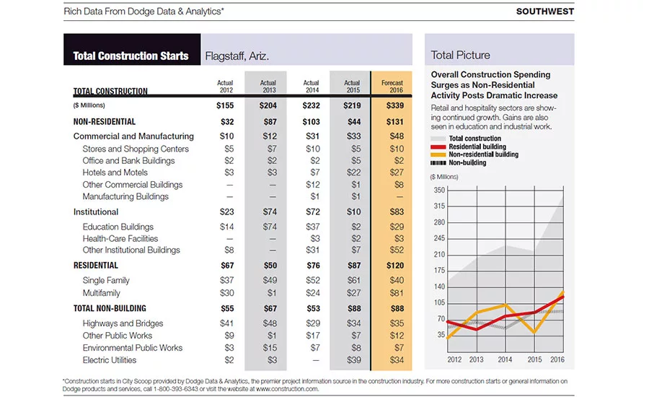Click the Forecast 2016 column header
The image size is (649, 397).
(392, 86)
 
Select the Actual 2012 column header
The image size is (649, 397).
(225, 86)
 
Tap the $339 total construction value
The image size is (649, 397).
(395, 105)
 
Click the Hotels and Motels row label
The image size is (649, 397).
(115, 173)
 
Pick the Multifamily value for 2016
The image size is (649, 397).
(397, 293)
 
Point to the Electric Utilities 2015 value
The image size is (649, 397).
(354, 360)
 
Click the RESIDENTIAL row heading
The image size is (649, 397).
(96, 265)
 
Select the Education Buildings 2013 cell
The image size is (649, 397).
(270, 227)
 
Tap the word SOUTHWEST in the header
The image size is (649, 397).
(545, 12)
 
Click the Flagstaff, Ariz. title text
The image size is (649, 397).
(237, 56)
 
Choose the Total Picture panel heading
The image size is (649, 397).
(460, 55)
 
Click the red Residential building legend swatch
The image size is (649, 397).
(438, 147)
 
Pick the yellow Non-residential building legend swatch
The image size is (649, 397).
(438, 154)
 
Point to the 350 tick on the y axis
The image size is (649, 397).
(439, 191)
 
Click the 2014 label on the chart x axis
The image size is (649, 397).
(505, 359)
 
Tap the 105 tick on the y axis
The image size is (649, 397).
(439, 302)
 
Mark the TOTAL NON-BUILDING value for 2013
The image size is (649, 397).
(270, 308)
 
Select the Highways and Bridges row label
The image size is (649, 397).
(123, 323)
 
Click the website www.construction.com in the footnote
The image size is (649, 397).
(287, 389)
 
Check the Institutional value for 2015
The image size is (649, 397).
(354, 211)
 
